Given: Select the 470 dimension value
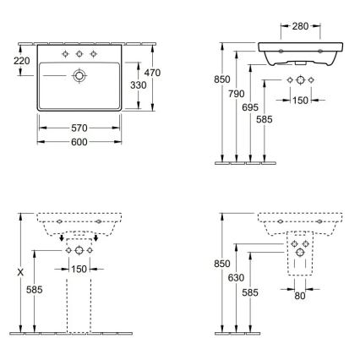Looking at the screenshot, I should coord(153,74).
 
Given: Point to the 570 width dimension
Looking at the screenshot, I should coord(78,128).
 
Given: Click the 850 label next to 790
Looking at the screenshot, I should coord(221,79).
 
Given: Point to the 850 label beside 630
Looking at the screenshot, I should coord(221,264).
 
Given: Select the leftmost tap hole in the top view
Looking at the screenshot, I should coord(63,53).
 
